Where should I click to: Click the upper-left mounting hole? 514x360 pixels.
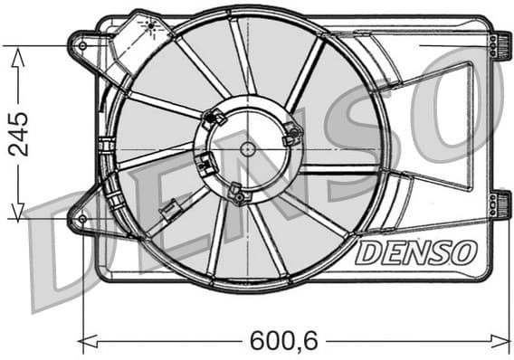pos(83,43)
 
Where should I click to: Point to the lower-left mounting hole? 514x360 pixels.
pos(82,219)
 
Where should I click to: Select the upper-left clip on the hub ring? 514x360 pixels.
pos(215,117)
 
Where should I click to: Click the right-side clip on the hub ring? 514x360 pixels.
pos(291,136)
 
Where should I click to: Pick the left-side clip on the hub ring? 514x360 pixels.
pos(206,165)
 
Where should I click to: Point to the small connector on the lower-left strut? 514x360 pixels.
pos(167,213)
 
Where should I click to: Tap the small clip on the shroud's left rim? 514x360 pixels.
pos(106,145)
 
